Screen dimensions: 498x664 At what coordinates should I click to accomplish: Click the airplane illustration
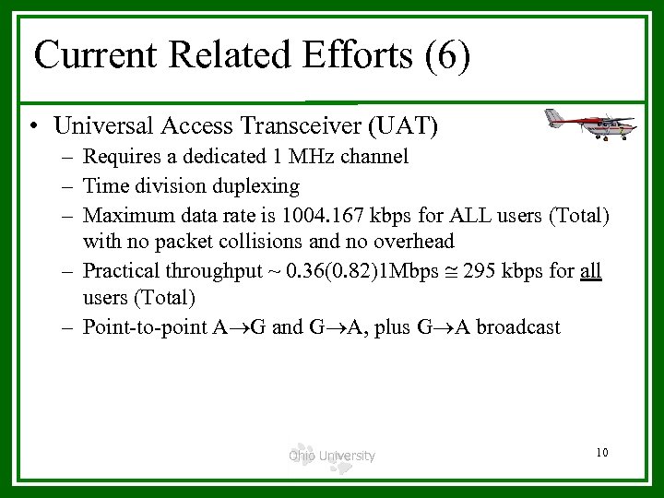click(x=589, y=124)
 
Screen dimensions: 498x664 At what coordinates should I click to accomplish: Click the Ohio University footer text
click(x=331, y=456)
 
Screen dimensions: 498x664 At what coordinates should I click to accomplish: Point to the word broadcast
click(x=512, y=326)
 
